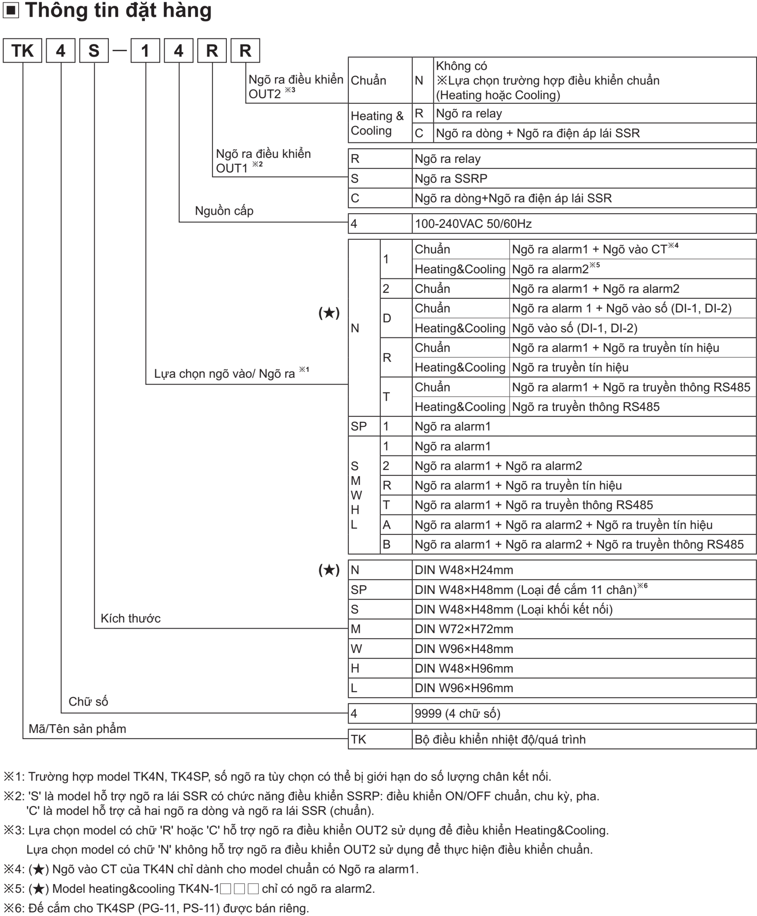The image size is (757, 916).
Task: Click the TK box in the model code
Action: pyautogui.click(x=22, y=50)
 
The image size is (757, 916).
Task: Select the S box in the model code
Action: pyautogui.click(x=94, y=50)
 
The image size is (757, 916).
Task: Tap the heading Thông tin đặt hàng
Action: pyautogui.click(x=118, y=10)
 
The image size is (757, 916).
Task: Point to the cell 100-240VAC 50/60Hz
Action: pyautogui.click(x=473, y=224)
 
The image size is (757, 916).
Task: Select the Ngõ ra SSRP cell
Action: pyautogui.click(x=451, y=179)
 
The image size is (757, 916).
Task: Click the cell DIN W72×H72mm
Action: pyautogui.click(x=464, y=629)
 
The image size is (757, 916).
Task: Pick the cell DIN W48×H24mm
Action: pyautogui.click(x=464, y=570)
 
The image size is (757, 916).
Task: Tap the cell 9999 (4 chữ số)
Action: pyautogui.click(x=458, y=713)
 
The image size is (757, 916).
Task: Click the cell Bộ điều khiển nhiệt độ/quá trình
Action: pyautogui.click(x=500, y=739)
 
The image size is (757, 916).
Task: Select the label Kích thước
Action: pyautogui.click(x=130, y=619)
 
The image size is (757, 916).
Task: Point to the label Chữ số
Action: pyautogui.click(x=88, y=701)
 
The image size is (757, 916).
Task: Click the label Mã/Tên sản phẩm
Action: pyautogui.click(x=77, y=729)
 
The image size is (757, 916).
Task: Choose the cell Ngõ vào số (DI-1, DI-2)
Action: pyautogui.click(x=574, y=328)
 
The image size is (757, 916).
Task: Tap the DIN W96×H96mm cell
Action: pyautogui.click(x=464, y=688)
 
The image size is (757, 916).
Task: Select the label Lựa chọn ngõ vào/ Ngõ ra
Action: pyautogui.click(x=225, y=374)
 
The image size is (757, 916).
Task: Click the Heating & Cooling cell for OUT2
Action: pyautogui.click(x=377, y=123)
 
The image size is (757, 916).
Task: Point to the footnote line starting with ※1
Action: pyautogui.click(x=277, y=776)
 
